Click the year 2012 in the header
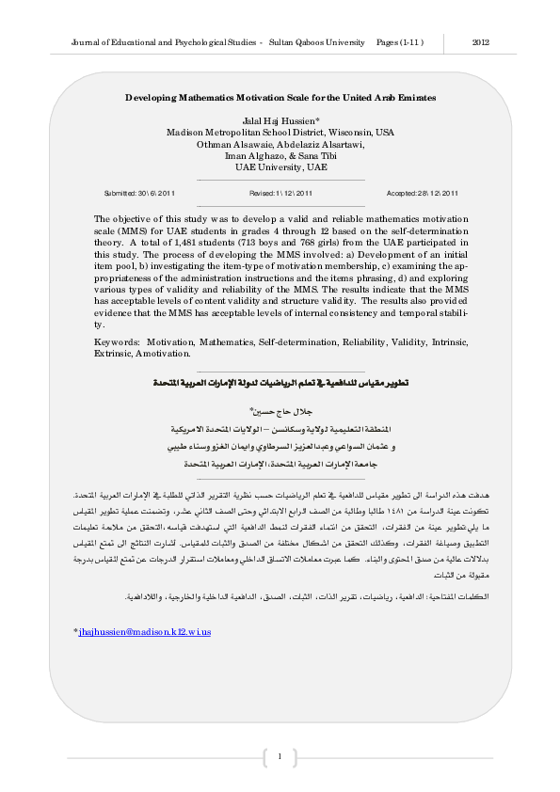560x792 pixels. pyautogui.click(x=480, y=43)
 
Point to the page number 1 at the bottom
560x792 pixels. pyautogui.click(x=280, y=755)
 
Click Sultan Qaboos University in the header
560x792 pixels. pyautogui.click(x=318, y=43)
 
